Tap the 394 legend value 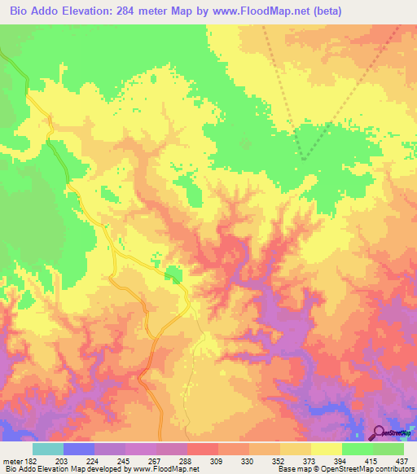[341, 461]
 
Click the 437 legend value [402, 461]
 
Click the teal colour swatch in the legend [47, 449]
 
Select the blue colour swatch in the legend [78, 449]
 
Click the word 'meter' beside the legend [12, 461]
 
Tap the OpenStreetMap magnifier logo [380, 432]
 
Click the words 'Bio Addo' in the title [32, 11]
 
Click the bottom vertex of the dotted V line [303, 159]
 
